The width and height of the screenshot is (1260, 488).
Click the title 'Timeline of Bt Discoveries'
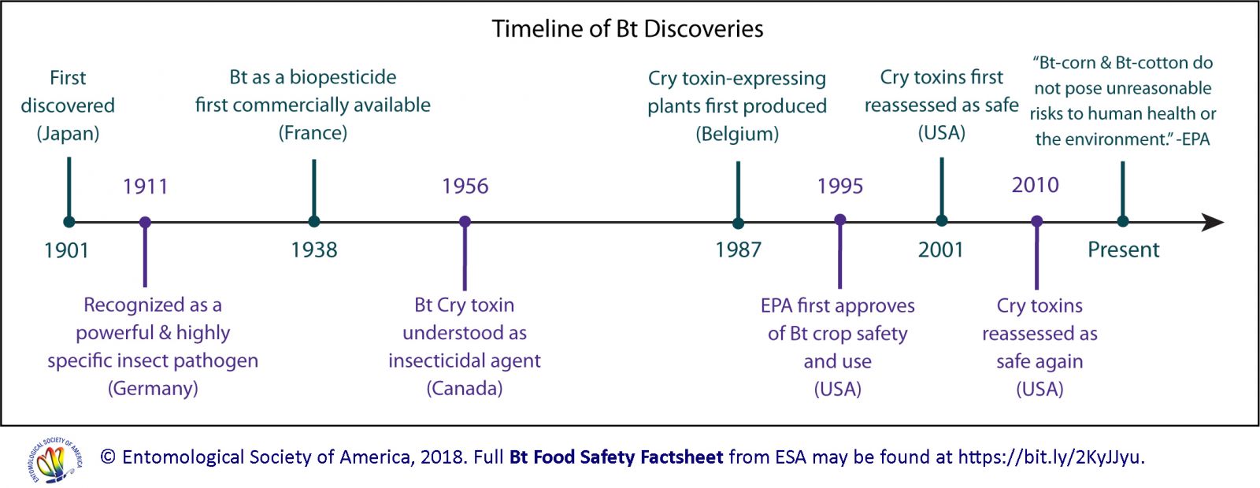point(628,30)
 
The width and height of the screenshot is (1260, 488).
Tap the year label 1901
point(66,250)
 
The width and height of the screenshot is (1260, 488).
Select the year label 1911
point(145,187)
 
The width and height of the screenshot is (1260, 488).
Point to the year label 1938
point(313,250)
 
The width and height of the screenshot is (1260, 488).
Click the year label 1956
point(465,187)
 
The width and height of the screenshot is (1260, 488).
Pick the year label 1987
point(738,250)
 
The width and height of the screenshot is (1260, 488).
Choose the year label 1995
point(839,187)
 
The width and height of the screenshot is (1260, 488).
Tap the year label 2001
point(940,250)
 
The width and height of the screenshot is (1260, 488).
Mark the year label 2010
point(1035,186)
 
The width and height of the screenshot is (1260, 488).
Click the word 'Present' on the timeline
point(1123,250)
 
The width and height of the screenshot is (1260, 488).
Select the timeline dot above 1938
point(314,222)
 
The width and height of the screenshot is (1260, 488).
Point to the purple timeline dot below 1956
point(465,222)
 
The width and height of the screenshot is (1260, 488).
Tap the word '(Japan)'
point(68,134)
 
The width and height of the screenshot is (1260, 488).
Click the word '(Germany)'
point(153,388)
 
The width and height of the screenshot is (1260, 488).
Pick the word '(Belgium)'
point(737,135)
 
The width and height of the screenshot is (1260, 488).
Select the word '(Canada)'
point(465,388)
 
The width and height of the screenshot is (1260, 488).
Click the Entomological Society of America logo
point(54,459)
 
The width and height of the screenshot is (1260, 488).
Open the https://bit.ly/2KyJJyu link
point(1051,457)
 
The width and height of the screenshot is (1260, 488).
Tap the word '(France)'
point(313,133)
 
